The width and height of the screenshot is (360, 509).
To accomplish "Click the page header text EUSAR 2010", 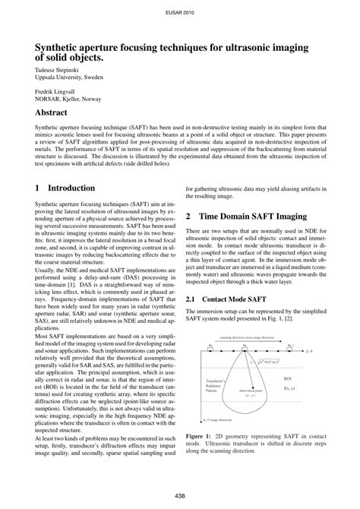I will click(x=179, y=13).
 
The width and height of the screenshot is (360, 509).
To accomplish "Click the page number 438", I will click(x=180, y=495).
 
